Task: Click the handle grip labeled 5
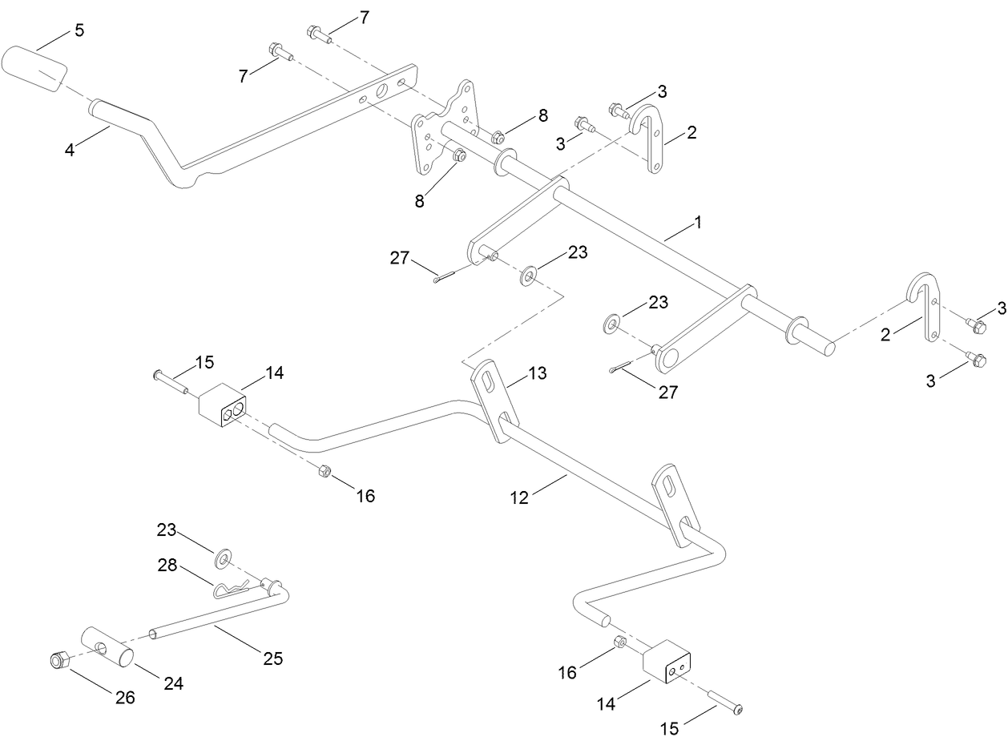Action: [x=35, y=70]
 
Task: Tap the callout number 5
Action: [x=79, y=30]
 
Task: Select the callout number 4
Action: [x=71, y=149]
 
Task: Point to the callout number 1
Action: [x=697, y=223]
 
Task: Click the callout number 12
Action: [x=519, y=497]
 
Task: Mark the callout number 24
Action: [x=174, y=683]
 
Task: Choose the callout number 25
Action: [x=273, y=658]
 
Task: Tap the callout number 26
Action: [x=125, y=697]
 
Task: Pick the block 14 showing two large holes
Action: [x=223, y=404]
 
